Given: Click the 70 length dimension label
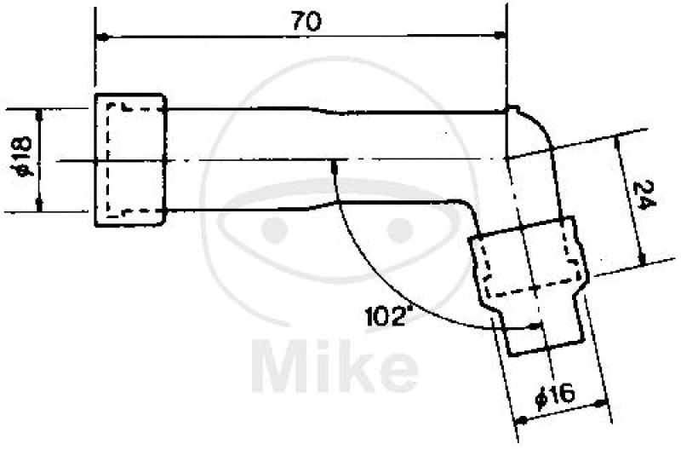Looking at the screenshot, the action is coord(306,21).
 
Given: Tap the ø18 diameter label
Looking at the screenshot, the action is coord(22,158).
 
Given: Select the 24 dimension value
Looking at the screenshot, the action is coord(644,195).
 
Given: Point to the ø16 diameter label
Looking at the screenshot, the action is coord(555,395).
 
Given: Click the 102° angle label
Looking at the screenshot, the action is coord(388,316).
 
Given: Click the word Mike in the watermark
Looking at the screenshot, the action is coord(335,366).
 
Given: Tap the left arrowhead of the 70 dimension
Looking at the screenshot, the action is coord(101,37).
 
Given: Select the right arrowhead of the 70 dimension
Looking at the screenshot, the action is coord(501,35).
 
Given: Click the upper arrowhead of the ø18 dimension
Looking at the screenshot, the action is coord(39,114).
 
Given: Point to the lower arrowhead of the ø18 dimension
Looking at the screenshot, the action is coord(39,205).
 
